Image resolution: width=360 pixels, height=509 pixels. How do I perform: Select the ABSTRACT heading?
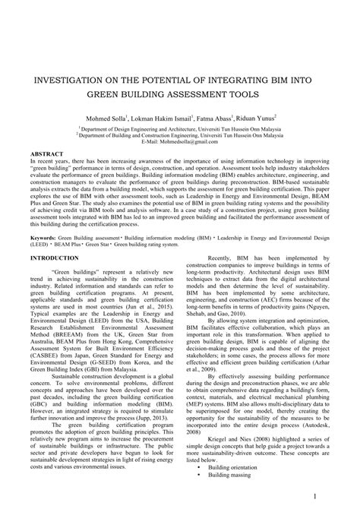coord(46,153)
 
